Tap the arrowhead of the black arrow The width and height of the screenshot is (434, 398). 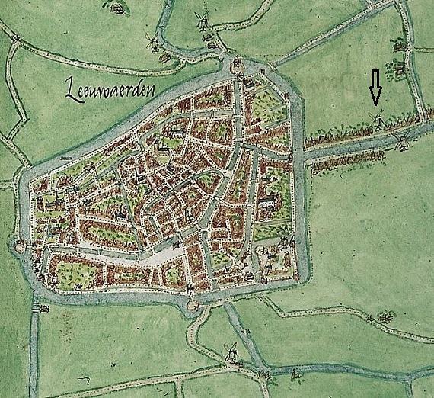pyautogui.click(x=374, y=102)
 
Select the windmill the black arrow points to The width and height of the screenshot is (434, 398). pyautogui.click(x=375, y=117)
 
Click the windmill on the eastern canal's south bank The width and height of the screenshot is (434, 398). pyautogui.click(x=402, y=143)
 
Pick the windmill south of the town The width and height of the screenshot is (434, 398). pyautogui.click(x=229, y=352)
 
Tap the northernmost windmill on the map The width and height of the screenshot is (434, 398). pyautogui.click(x=202, y=19)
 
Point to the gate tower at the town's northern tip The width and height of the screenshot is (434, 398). pyautogui.click(x=237, y=66)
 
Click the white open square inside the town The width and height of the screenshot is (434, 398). pyautogui.click(x=163, y=256)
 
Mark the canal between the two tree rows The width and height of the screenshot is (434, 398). pyautogui.click(x=358, y=149)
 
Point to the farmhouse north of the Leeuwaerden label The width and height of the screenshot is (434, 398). pyautogui.click(x=116, y=8)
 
